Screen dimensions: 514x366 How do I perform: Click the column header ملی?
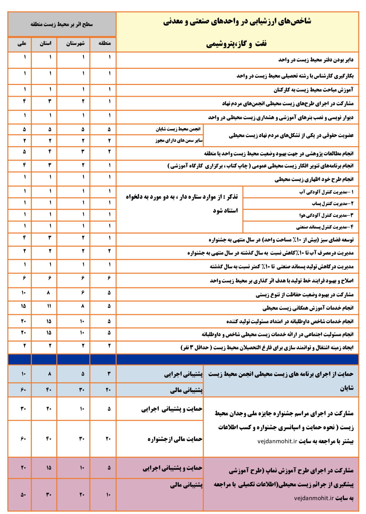point(21,44)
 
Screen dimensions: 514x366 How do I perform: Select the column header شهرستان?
point(75,44)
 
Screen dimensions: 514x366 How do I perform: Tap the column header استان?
point(45,44)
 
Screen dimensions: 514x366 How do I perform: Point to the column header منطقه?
point(104,43)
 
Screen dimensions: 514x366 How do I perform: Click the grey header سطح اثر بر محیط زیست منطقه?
point(62,25)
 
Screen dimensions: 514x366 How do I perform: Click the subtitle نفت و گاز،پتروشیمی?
point(237,44)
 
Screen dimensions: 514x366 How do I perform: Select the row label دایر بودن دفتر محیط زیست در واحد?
point(316,60)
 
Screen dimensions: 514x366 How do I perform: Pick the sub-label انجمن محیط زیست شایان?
point(178,129)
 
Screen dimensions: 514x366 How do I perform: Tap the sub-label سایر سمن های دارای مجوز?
point(179,141)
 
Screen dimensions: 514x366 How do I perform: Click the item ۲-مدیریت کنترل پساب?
point(332,204)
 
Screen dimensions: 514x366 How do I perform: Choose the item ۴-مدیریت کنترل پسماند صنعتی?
point(325,227)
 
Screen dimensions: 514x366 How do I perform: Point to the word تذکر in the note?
point(231,197)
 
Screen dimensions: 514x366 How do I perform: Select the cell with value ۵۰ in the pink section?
point(23,494)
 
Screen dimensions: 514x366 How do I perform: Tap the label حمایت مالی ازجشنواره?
point(175,439)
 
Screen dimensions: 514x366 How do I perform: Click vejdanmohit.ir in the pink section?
point(314,498)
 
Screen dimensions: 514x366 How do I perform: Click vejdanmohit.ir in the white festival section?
point(277,441)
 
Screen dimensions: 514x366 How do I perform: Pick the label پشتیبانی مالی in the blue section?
point(186,390)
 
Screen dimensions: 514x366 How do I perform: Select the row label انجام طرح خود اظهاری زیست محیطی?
point(314,179)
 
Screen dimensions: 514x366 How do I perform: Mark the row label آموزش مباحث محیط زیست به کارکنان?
point(313,90)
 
